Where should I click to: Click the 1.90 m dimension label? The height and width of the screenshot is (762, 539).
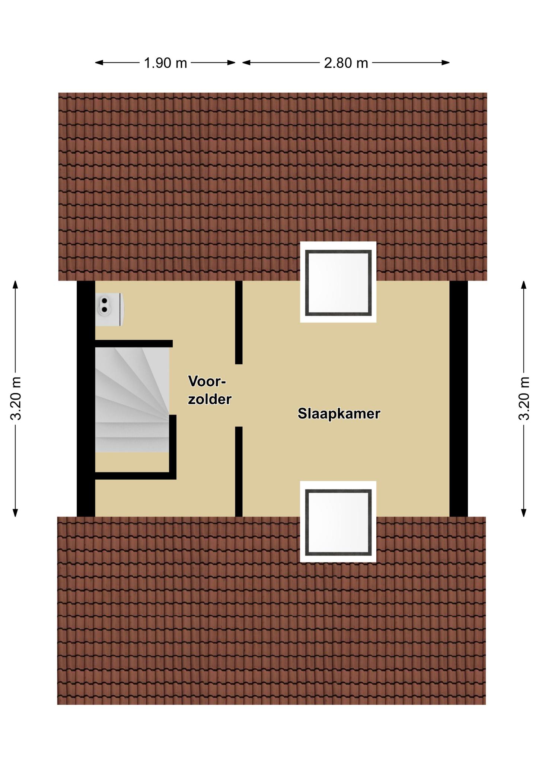point(165,63)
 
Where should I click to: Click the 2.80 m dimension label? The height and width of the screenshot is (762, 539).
point(346,63)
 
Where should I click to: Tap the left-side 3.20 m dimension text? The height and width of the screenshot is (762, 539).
point(16,398)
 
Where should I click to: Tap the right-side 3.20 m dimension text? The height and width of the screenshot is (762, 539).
point(524,398)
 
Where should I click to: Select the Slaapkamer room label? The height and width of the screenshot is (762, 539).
point(339,414)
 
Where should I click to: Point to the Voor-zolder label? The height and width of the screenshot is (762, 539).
point(210,390)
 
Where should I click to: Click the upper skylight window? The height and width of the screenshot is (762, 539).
point(338,282)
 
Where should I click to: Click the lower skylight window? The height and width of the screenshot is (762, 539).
point(338,521)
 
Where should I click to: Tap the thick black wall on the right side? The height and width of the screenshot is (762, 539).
point(459,398)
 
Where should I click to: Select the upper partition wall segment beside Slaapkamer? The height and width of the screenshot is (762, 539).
point(239,322)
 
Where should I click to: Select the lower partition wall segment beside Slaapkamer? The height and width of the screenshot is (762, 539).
point(239,471)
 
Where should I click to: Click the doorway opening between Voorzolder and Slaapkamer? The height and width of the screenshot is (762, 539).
point(239,395)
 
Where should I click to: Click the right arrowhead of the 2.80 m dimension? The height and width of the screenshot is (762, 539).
point(446,63)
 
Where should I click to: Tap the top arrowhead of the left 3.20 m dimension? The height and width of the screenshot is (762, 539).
point(15,285)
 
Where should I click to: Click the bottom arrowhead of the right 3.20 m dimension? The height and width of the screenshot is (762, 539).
point(524,513)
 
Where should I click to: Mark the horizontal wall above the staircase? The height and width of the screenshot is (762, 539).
point(134,343)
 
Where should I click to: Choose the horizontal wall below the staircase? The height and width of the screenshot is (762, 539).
point(135,476)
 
